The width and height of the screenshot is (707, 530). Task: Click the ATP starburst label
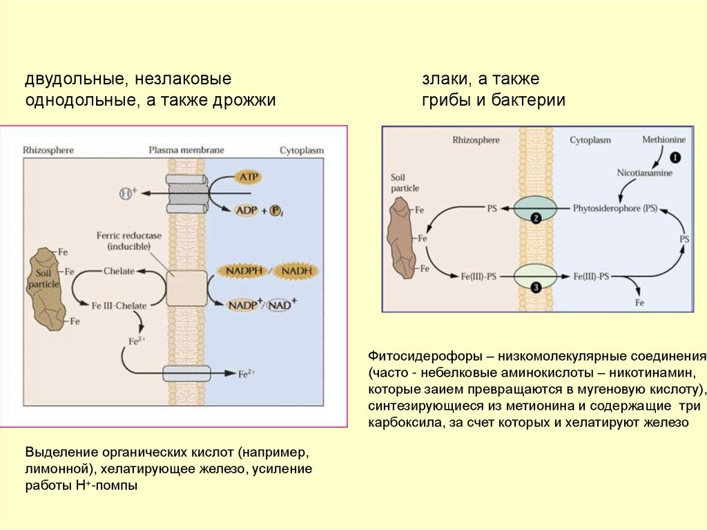click(x=247, y=178)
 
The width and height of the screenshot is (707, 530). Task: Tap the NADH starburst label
click(x=295, y=271)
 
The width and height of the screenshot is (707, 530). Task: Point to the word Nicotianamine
click(x=644, y=173)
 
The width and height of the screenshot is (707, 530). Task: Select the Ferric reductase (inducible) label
click(x=129, y=240)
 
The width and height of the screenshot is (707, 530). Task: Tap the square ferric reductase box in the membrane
click(x=186, y=288)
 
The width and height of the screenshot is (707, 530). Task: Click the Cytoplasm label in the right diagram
click(x=590, y=140)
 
